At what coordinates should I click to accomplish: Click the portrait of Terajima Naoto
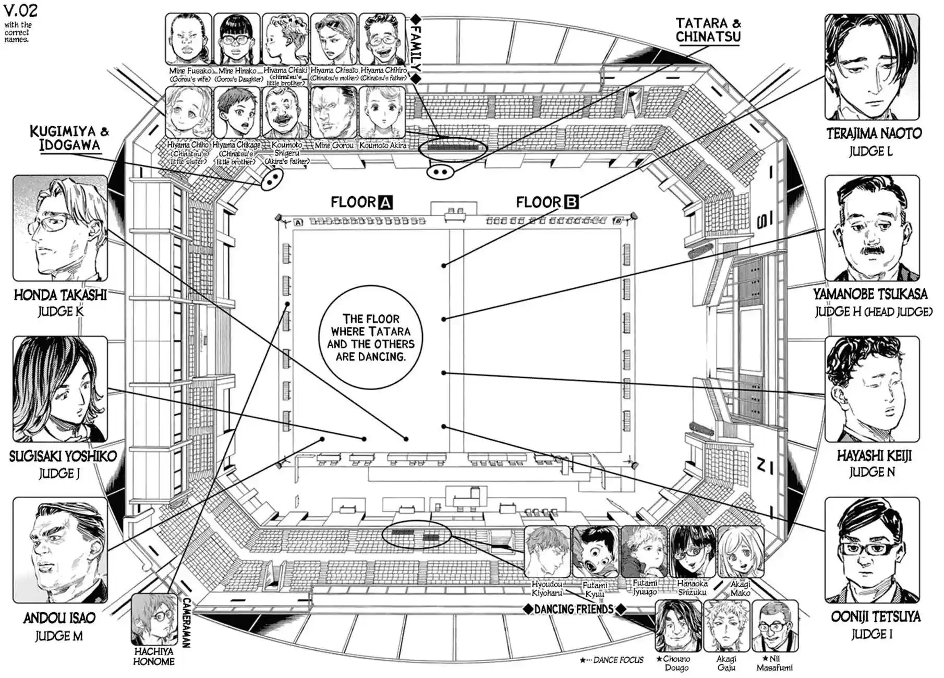point(872,67)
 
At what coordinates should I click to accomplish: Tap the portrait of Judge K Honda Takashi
point(60,228)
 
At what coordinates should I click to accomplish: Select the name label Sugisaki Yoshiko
point(63,456)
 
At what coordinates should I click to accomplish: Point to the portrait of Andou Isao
point(60,550)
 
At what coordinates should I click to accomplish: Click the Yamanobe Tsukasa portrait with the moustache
point(872,228)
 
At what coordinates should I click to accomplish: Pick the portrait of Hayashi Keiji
point(872,389)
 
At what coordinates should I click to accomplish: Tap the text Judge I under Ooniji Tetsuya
point(872,635)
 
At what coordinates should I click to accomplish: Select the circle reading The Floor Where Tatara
point(370,337)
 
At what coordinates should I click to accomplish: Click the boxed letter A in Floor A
point(385,202)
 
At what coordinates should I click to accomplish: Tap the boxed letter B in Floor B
point(572,202)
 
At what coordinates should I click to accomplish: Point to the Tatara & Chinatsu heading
point(708,30)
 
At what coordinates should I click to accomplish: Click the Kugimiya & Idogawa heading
point(69,138)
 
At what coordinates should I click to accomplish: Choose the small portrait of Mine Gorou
point(334,113)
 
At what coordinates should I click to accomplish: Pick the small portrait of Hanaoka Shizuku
point(692,552)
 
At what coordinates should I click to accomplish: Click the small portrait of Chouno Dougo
point(678,626)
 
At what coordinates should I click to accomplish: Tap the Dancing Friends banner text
point(574,609)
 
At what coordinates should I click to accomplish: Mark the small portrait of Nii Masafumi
point(775,626)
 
